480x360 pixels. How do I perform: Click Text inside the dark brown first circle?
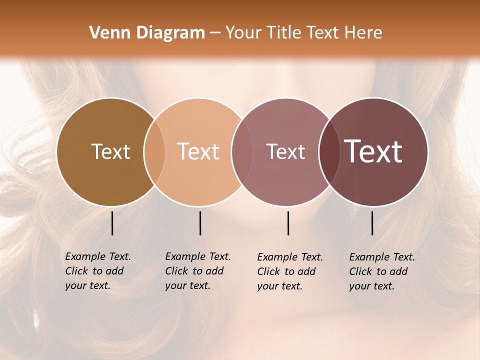110,151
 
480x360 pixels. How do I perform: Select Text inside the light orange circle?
198,151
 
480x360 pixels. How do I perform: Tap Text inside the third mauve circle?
285,151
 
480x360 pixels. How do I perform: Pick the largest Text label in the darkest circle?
373,151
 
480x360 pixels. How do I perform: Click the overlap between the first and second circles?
154,151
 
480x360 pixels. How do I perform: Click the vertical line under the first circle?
112,223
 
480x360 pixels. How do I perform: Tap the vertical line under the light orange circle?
200,223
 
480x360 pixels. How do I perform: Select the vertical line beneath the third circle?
288,223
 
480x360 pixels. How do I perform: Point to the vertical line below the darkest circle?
372,223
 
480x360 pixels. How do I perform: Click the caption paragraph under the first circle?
98,271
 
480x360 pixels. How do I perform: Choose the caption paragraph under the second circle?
198,271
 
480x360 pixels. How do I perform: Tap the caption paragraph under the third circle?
290,271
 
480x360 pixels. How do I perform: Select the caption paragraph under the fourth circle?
382,271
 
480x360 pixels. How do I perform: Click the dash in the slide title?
215,33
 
